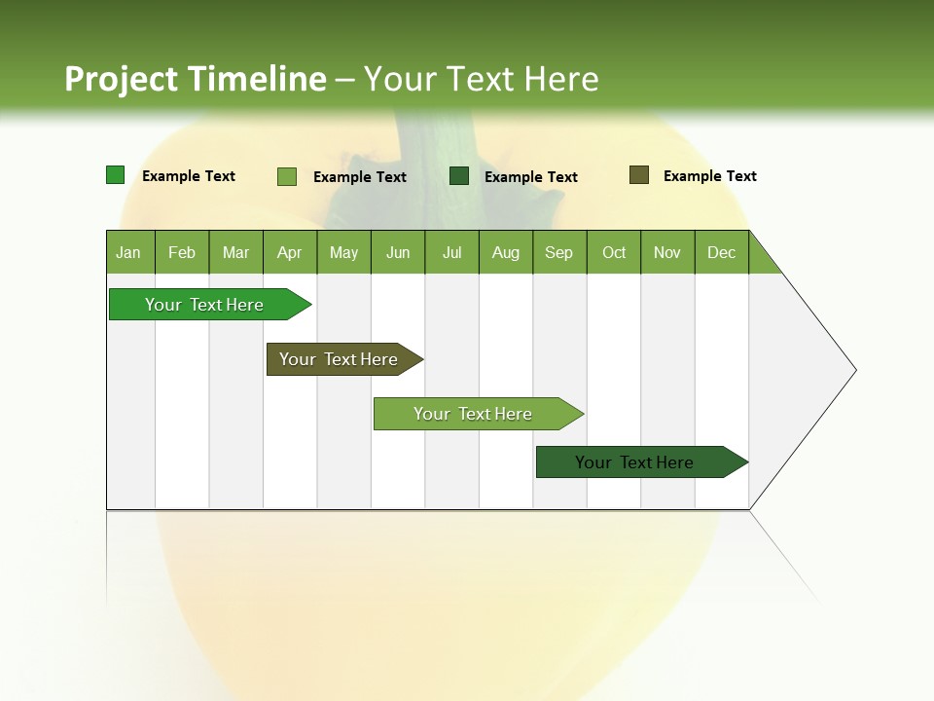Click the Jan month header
coord(128,253)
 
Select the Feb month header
coord(182,253)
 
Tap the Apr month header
coord(289,253)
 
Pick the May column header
coord(343,253)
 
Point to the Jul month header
coord(451,253)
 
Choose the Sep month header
coord(558,253)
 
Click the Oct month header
coord(614,253)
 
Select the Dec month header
coord(721,253)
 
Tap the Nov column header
coord(667,253)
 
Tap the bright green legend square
coord(116,175)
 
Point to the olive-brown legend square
coord(639,175)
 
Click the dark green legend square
coord(459,176)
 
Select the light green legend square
coord(287,176)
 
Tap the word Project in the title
coord(123,79)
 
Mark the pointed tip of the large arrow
coord(854,370)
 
